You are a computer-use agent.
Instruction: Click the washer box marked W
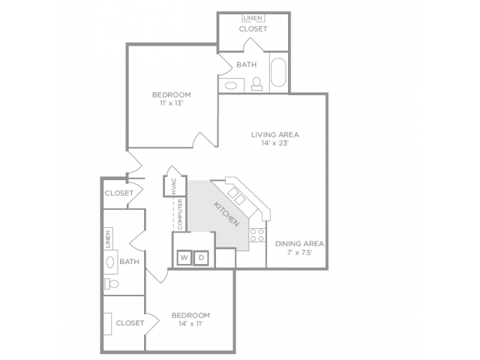(x=184, y=258)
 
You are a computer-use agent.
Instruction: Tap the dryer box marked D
(x=202, y=258)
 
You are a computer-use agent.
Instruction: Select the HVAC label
(x=174, y=186)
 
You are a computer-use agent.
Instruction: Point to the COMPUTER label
(x=180, y=214)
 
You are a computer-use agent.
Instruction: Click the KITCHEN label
(x=226, y=214)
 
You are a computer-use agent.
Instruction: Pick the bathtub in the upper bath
(x=278, y=73)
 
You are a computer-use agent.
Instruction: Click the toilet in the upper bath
(x=256, y=83)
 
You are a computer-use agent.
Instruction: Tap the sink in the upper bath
(x=231, y=85)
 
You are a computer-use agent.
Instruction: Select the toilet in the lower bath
(x=112, y=283)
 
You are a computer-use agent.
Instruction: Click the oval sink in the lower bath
(x=110, y=262)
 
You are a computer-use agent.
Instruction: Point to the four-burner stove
(x=257, y=235)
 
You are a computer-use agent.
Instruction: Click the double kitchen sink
(x=236, y=196)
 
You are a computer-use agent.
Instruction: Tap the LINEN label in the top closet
(x=253, y=18)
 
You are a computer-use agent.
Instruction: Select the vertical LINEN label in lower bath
(x=108, y=239)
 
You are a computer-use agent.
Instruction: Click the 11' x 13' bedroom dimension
(x=172, y=103)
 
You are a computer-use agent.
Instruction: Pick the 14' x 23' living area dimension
(x=275, y=143)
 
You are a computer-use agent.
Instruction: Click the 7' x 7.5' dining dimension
(x=299, y=253)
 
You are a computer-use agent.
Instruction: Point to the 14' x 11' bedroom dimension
(x=190, y=323)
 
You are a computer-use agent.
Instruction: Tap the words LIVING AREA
(x=275, y=135)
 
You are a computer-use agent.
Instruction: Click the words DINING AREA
(x=299, y=244)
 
